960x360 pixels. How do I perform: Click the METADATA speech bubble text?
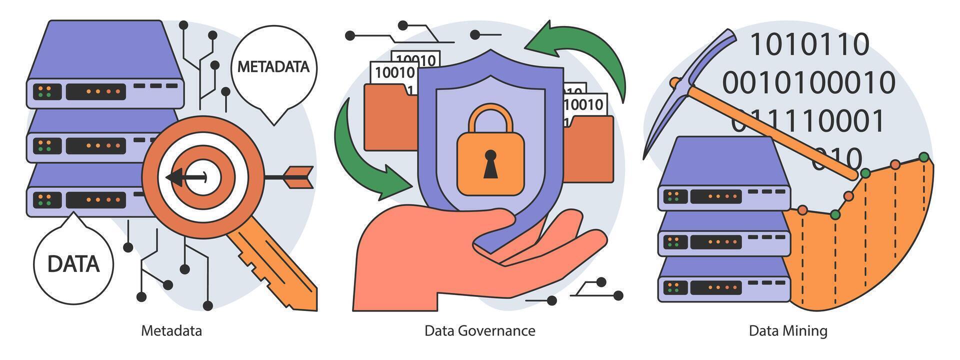tap(273, 67)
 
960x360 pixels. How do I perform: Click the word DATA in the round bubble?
tap(73, 264)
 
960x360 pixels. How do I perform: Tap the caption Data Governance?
tap(479, 331)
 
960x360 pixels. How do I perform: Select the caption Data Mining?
tap(787, 331)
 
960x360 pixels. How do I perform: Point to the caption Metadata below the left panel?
tap(171, 331)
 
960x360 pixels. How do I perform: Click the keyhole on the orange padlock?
tap(490, 163)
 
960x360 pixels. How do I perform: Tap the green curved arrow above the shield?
tap(585, 50)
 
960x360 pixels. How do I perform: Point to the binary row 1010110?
tap(809, 44)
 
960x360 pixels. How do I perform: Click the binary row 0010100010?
tap(808, 82)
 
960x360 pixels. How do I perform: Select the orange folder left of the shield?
tap(390, 117)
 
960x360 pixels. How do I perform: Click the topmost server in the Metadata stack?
tap(105, 65)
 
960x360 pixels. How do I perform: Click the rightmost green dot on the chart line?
tap(923, 157)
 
